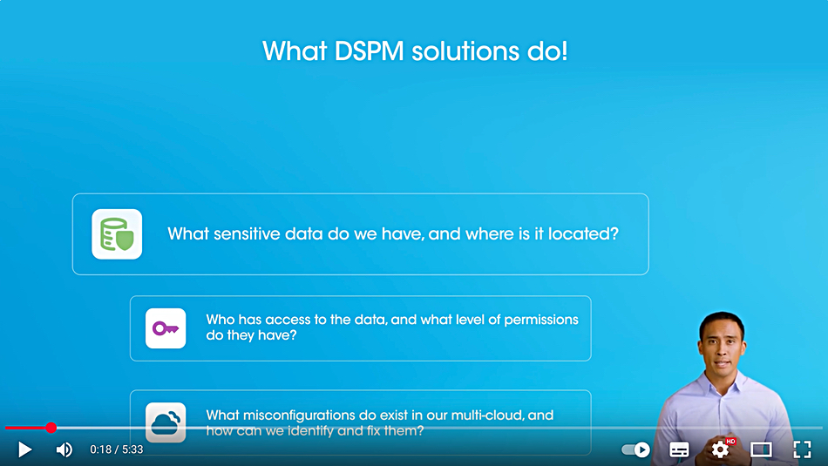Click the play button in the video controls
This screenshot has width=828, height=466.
click(x=24, y=449)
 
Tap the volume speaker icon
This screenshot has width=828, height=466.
click(x=64, y=449)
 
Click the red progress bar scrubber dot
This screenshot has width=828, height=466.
click(x=51, y=428)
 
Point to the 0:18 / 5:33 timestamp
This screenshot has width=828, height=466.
click(x=117, y=449)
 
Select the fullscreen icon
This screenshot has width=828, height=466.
click(x=802, y=449)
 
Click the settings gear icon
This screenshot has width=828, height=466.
click(x=720, y=449)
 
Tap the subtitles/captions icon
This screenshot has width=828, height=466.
click(x=679, y=449)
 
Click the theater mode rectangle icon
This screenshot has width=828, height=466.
click(x=762, y=449)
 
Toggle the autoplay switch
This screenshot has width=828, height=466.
click(x=635, y=449)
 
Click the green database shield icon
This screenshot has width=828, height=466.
click(x=117, y=234)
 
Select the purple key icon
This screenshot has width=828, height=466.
click(x=166, y=328)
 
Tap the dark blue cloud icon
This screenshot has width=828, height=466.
click(x=166, y=422)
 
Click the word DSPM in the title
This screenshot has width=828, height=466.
click(x=370, y=51)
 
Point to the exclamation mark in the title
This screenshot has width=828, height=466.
click(x=564, y=51)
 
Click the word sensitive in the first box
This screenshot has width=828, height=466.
click(x=246, y=233)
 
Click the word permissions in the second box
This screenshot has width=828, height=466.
click(x=541, y=320)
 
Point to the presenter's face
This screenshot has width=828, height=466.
click(x=722, y=348)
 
